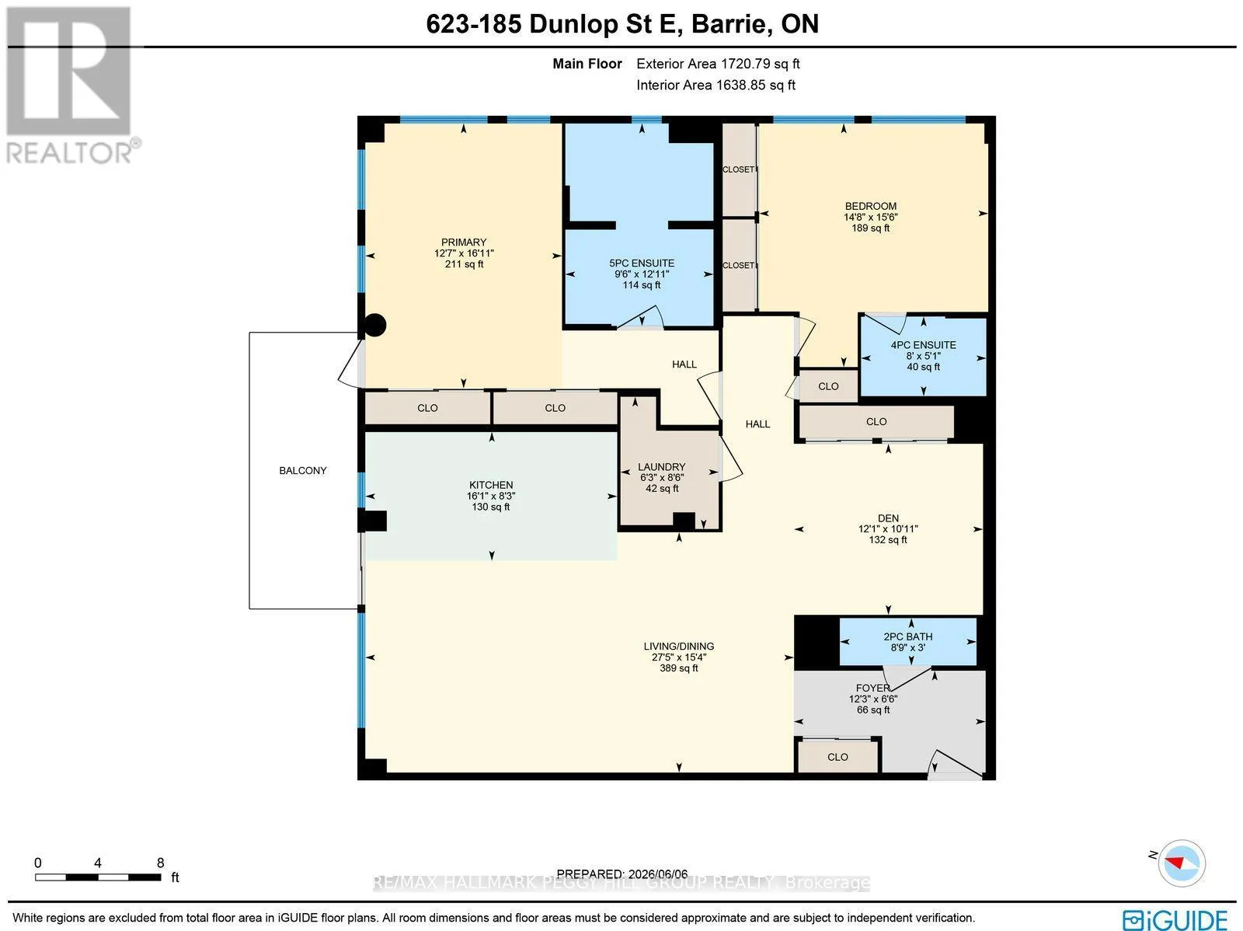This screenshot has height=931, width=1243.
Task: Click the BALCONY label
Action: point(302,471)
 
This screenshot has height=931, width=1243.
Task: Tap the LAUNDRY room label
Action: point(661,466)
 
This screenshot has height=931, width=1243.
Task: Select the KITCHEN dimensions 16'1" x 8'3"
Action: point(491,496)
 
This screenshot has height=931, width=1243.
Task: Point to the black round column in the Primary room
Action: point(374,325)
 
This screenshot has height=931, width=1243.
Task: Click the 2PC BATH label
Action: point(907,636)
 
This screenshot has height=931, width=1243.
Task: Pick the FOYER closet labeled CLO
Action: point(837,757)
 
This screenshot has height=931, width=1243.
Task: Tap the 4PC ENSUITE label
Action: point(923,345)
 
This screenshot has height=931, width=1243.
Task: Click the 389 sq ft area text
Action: point(678,668)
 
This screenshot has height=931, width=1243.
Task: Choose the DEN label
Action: point(888,518)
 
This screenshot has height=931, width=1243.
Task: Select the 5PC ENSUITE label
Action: point(642,263)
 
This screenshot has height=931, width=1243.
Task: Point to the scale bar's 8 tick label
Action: point(161,863)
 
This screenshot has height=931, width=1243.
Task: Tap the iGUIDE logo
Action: point(1175,919)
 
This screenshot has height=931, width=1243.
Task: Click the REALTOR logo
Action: point(70,85)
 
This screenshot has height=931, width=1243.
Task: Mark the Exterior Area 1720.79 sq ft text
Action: point(718,64)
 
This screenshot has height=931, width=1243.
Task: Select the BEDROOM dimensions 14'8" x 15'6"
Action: point(870,217)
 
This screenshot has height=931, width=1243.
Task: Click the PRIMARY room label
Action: point(464,242)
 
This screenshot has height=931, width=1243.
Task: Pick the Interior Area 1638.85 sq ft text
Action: point(716,85)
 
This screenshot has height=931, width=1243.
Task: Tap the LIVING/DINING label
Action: point(678,646)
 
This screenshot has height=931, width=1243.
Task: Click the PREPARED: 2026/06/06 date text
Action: point(621,873)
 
